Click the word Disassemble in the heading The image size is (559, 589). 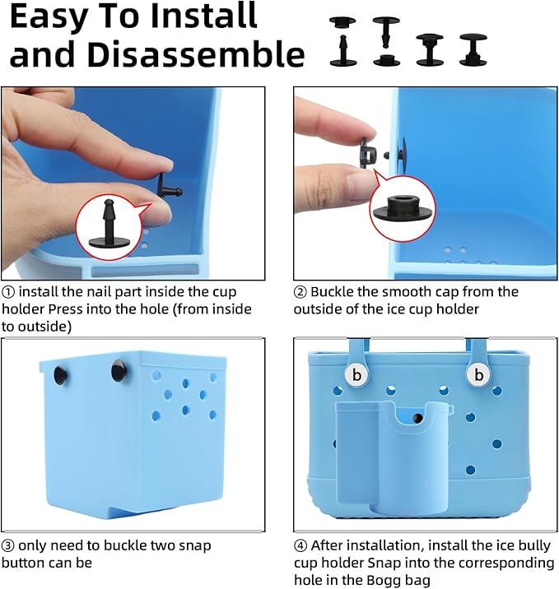tap(196, 54)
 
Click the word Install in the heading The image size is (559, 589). tap(203, 16)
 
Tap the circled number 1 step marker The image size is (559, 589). tap(8, 292)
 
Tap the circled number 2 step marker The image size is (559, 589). tap(300, 292)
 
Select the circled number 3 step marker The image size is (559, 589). tap(8, 545)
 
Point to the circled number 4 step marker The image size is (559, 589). tap(300, 545)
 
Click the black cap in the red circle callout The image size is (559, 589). tap(403, 208)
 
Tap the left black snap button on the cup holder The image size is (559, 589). tap(60, 375)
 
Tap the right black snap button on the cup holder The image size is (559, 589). tap(119, 370)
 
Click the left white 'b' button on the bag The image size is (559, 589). tap(356, 374)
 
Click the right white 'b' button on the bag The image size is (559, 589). tap(478, 374)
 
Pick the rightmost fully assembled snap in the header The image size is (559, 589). tap(473, 49)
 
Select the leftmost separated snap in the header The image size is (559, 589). tap(342, 41)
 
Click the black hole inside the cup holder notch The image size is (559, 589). tap(417, 418)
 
